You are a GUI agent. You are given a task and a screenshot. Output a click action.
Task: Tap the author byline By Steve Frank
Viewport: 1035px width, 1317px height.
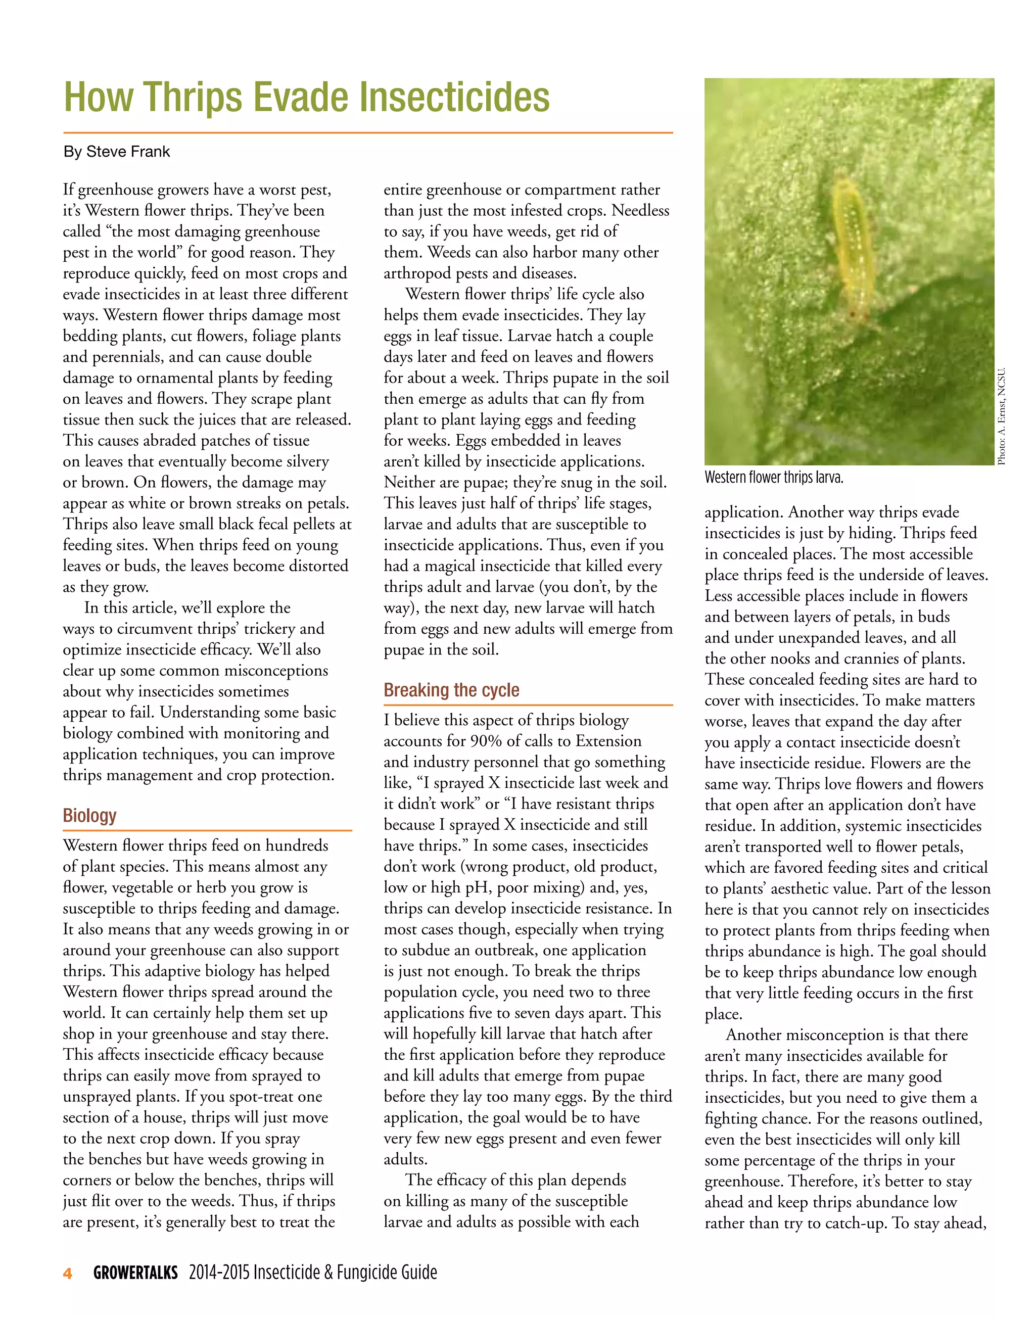coord(117,152)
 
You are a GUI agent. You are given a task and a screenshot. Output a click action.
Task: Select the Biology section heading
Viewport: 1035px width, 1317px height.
coord(89,815)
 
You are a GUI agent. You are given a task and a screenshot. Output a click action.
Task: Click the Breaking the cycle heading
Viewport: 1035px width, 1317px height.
coord(451,690)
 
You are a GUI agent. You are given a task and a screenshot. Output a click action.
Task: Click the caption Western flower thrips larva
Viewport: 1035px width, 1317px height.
coord(774,478)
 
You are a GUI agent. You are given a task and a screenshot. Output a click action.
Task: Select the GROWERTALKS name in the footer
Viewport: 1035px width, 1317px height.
coord(136,1273)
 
